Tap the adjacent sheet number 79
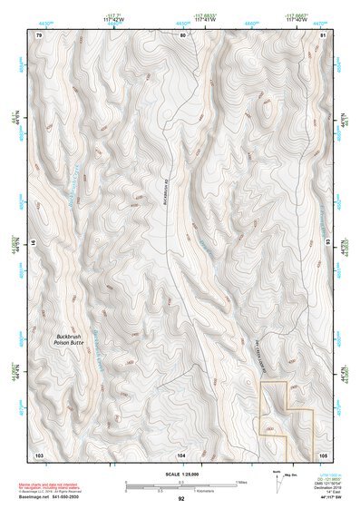(38, 34)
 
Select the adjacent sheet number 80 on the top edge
(182, 34)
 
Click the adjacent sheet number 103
(39, 453)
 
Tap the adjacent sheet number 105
(323, 453)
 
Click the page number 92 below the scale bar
(181, 499)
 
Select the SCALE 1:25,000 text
(181, 475)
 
